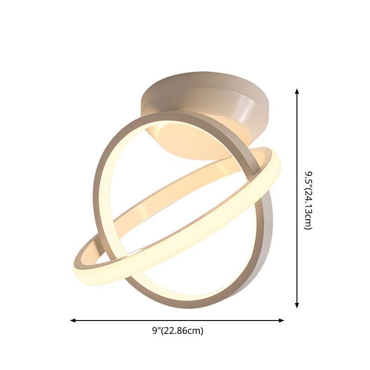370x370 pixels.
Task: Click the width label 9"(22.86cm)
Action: point(178,331)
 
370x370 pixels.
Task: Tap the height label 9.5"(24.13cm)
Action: point(308,200)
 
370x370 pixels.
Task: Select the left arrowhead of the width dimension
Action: point(73,320)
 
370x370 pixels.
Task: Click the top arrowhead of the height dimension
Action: point(297,92)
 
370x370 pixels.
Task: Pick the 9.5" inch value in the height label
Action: point(308,178)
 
